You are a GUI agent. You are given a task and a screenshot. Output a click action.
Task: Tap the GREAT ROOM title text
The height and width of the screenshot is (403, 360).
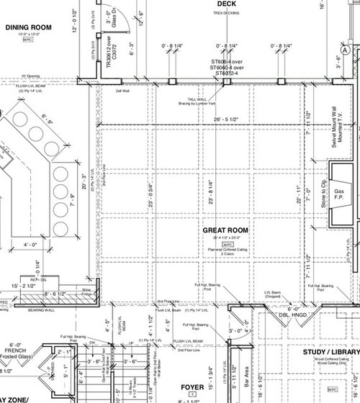pyautogui.click(x=225, y=230)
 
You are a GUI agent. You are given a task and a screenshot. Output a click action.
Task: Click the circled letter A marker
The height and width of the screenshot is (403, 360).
pyautogui.click(x=346, y=50)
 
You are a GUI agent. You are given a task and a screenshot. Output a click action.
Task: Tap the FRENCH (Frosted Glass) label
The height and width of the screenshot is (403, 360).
pyautogui.click(x=19, y=349)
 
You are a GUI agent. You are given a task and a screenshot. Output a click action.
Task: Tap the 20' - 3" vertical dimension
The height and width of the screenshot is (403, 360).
pyautogui.click(x=84, y=177)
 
